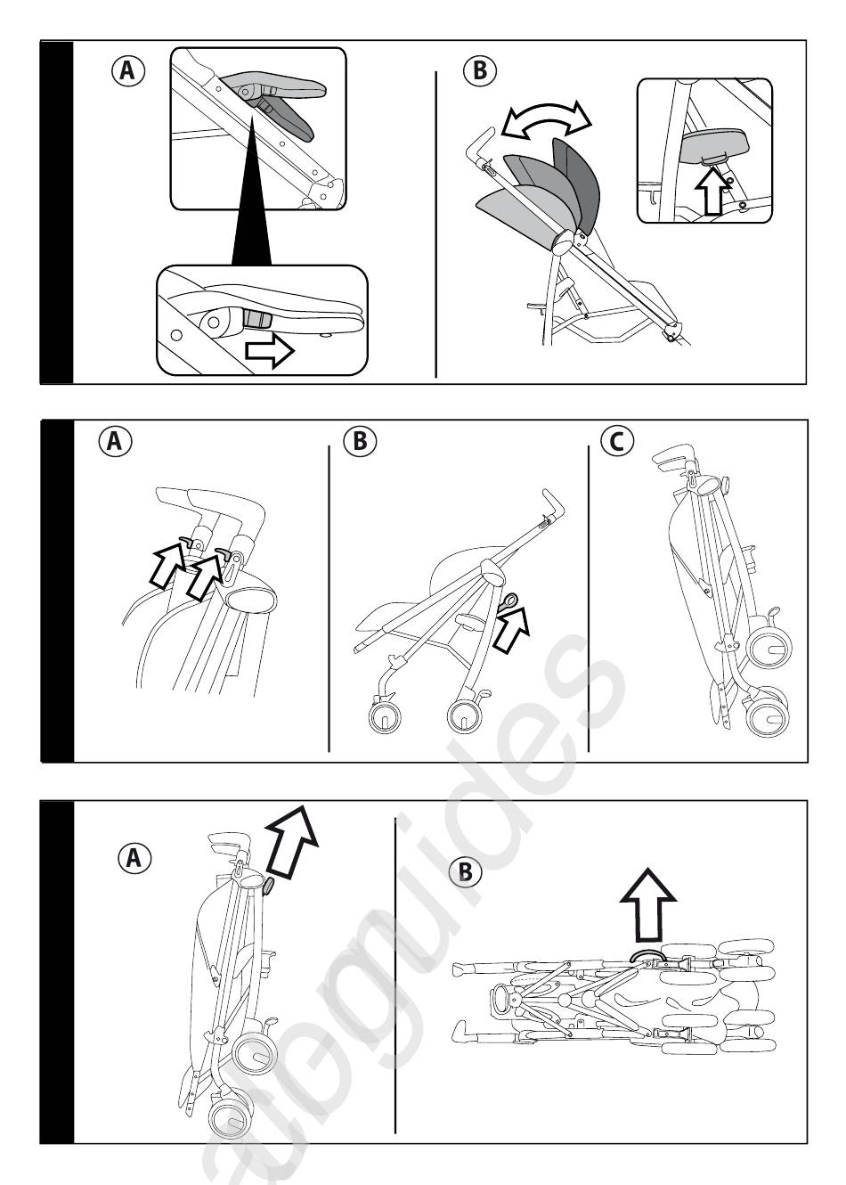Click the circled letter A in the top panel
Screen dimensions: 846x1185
click(x=127, y=70)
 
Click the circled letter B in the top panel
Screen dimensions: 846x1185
click(x=480, y=70)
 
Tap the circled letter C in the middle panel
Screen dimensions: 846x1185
click(x=617, y=441)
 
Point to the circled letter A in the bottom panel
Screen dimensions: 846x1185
click(x=134, y=858)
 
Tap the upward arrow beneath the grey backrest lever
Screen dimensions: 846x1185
click(x=712, y=192)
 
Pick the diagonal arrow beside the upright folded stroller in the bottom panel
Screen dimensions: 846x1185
click(x=290, y=838)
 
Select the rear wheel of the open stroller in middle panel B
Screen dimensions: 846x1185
click(x=465, y=714)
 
